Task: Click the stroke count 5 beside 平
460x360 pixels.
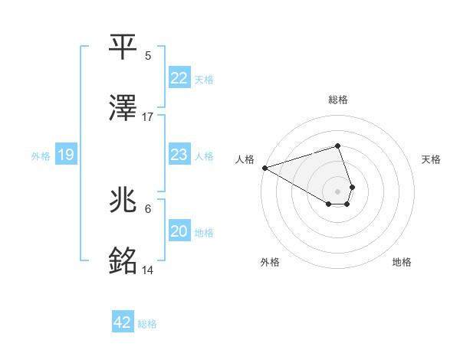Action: [148, 56]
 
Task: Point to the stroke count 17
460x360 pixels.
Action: [148, 117]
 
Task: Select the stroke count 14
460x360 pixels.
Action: [148, 270]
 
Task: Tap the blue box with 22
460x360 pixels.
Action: [179, 78]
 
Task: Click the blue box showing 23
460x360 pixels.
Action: [179, 155]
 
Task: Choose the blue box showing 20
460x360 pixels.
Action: [179, 231]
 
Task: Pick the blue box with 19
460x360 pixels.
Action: [66, 155]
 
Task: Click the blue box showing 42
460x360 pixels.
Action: [123, 322]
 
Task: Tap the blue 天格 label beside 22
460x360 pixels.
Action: [204, 79]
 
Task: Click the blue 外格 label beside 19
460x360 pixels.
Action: [41, 156]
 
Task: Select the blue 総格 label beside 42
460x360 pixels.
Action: [147, 324]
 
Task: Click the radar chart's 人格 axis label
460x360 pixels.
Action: [245, 159]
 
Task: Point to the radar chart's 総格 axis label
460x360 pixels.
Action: [337, 100]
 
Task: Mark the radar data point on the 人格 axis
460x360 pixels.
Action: [264, 168]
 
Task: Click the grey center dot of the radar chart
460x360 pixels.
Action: [337, 191]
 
